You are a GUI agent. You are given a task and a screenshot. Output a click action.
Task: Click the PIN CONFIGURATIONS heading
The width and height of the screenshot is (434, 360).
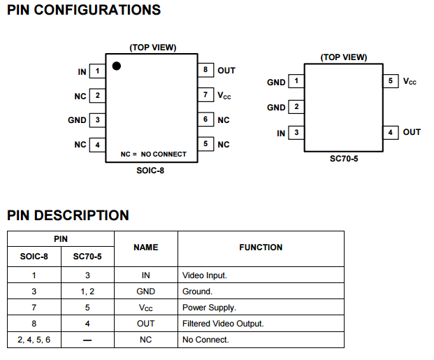[x=84, y=10]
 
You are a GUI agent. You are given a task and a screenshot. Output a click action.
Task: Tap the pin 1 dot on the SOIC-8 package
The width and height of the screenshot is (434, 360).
[x=117, y=66]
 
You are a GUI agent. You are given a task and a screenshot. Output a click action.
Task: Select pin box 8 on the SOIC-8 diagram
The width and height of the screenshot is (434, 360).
[x=205, y=70]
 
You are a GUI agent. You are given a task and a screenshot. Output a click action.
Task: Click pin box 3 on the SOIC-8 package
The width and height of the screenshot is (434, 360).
[x=98, y=120]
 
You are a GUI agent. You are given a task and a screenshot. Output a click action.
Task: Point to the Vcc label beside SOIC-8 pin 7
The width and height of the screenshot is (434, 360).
[x=224, y=95]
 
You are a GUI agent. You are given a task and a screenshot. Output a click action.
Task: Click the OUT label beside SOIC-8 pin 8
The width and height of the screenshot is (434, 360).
[x=226, y=71]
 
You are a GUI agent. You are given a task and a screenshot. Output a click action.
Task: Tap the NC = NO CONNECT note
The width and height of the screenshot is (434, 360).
[x=154, y=154]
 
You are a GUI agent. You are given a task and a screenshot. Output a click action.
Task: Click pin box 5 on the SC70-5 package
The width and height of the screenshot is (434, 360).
[x=391, y=81]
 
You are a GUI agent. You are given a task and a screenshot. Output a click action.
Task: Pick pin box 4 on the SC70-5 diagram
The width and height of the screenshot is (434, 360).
[x=391, y=132]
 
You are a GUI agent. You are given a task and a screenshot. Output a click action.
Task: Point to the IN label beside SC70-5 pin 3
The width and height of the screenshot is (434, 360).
[x=281, y=133]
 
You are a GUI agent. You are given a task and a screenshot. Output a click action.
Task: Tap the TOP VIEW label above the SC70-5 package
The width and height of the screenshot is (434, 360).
[x=343, y=57]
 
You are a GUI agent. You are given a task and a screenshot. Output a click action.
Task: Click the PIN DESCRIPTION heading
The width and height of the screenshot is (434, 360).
[x=68, y=215]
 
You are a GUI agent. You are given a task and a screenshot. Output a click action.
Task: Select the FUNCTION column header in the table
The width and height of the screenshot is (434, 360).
[x=261, y=247]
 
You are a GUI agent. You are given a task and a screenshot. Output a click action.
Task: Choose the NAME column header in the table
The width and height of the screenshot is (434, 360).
[x=145, y=247]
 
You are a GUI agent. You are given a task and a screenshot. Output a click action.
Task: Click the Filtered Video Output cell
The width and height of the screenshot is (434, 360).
[x=223, y=324]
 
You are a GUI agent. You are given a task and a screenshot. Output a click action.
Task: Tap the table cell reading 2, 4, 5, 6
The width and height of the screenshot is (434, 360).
[x=34, y=340]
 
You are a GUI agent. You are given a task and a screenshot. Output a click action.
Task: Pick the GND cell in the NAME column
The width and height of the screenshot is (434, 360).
[x=145, y=291]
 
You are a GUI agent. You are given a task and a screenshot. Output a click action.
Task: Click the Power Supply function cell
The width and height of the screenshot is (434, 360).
[x=209, y=308]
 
